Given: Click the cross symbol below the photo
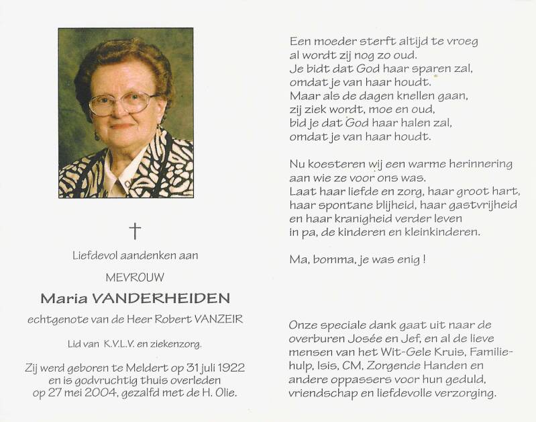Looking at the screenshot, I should point(135,231).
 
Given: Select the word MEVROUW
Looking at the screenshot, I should point(135,276).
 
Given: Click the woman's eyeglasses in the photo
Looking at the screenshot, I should point(122,103).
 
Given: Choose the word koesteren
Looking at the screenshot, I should point(333,164).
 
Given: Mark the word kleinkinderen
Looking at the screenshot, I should point(443,232).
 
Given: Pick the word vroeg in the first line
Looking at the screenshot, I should point(461,41).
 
